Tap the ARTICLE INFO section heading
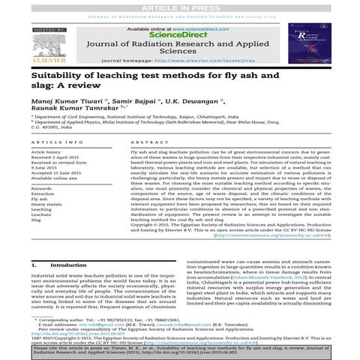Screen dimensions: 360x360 point(57,141)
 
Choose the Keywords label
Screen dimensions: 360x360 point(43,186)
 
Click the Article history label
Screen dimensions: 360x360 point(50,151)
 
